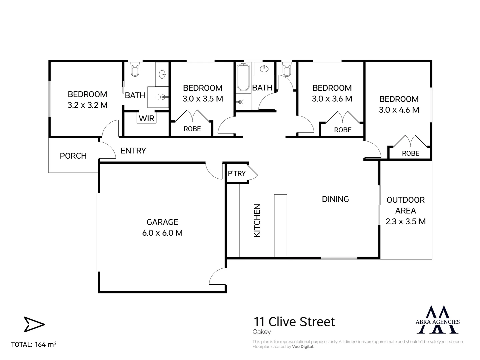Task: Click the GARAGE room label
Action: [x=163, y=222]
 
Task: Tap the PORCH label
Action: [x=73, y=156]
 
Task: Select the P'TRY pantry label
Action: [x=237, y=173]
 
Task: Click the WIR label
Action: [x=147, y=118]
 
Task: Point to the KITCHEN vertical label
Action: [x=257, y=221]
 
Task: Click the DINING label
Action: [x=335, y=199]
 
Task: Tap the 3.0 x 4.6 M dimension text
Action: [x=399, y=110]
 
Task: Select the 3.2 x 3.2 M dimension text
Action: [x=88, y=105]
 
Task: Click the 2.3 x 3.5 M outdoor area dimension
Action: [x=405, y=221]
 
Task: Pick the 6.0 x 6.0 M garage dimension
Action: [x=163, y=233]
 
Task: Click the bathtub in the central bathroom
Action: [x=243, y=78]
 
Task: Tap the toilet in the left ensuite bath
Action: [x=135, y=70]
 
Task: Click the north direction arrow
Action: [x=34, y=324]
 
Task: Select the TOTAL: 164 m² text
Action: [x=34, y=344]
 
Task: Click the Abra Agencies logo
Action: [x=438, y=320]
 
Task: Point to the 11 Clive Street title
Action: [x=294, y=322]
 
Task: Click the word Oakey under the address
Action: [x=262, y=332]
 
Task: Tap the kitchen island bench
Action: [x=280, y=226]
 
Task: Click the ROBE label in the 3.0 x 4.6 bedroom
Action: [x=410, y=153]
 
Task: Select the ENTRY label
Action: [x=133, y=151]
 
